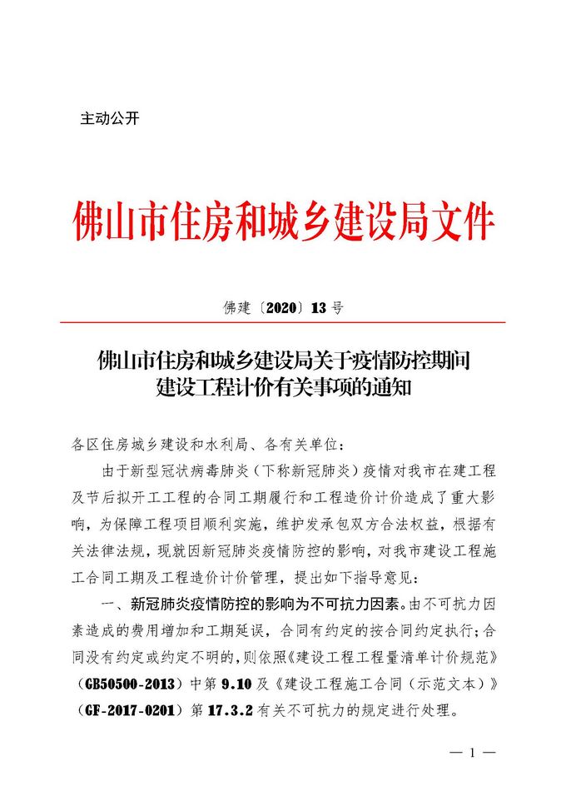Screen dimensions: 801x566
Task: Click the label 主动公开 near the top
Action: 109,118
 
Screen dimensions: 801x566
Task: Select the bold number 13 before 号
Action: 319,308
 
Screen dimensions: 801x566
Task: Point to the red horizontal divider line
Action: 283,322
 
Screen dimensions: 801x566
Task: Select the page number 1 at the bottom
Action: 472,754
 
